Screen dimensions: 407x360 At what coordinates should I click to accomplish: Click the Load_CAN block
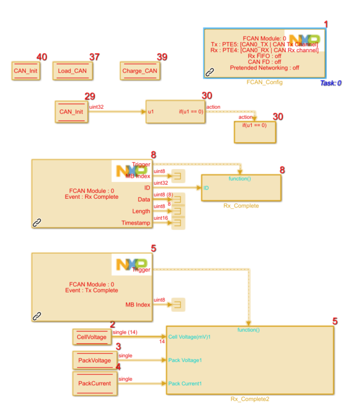[73, 71]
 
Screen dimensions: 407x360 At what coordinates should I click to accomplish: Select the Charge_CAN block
[139, 71]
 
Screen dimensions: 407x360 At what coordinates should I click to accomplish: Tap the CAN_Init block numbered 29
[71, 111]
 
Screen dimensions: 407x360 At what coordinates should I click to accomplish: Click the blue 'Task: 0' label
[331, 84]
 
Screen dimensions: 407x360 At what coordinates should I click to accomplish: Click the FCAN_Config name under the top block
[264, 83]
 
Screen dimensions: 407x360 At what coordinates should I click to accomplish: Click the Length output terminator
[178, 212]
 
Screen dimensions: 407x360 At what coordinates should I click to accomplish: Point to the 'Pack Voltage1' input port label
[185, 360]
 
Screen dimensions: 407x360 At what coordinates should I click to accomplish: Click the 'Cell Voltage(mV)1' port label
[189, 337]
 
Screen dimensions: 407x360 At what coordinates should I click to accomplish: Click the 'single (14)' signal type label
[124, 332]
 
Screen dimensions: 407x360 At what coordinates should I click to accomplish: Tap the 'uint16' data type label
[160, 218]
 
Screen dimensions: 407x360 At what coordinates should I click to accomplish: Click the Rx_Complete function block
[241, 188]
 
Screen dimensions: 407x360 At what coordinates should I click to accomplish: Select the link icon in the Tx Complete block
[37, 316]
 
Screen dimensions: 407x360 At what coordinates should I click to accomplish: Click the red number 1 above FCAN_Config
[326, 24]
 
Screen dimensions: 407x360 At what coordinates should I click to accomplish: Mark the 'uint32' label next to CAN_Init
[97, 107]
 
